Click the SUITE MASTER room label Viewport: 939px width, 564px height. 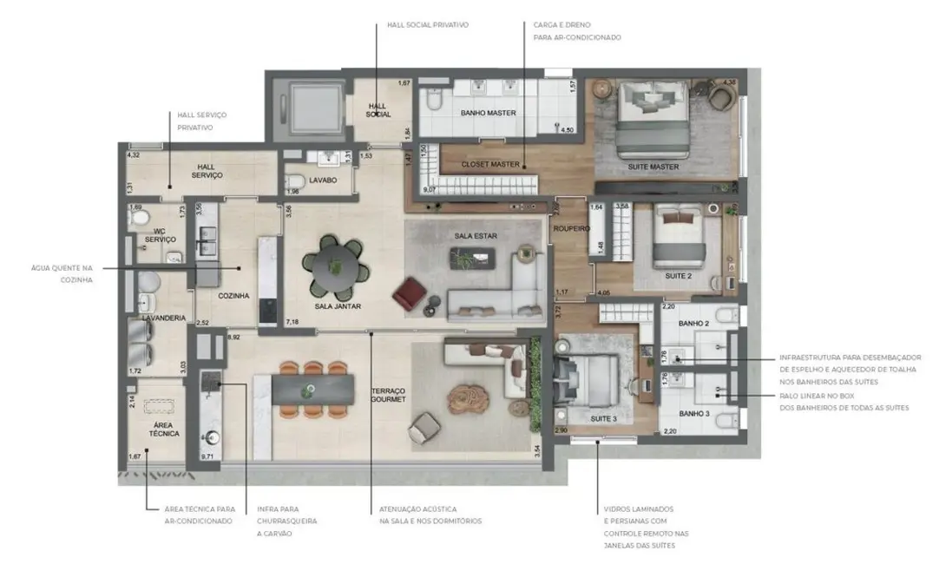[x=653, y=167]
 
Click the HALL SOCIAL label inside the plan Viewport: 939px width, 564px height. [x=378, y=109]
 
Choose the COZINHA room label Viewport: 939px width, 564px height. [x=234, y=296]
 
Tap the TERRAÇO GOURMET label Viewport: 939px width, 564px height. [x=388, y=396]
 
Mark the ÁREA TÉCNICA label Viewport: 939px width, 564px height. [x=156, y=428]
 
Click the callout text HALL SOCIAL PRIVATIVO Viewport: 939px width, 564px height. [x=428, y=25]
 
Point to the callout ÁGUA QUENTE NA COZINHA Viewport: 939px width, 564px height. [x=62, y=274]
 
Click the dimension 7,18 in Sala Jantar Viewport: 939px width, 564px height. [x=293, y=322]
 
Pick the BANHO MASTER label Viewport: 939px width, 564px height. [x=488, y=113]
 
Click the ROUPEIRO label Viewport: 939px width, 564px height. [x=572, y=229]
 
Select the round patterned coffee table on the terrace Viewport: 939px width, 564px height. [x=469, y=398]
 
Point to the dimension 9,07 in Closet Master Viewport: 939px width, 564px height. [x=429, y=189]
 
